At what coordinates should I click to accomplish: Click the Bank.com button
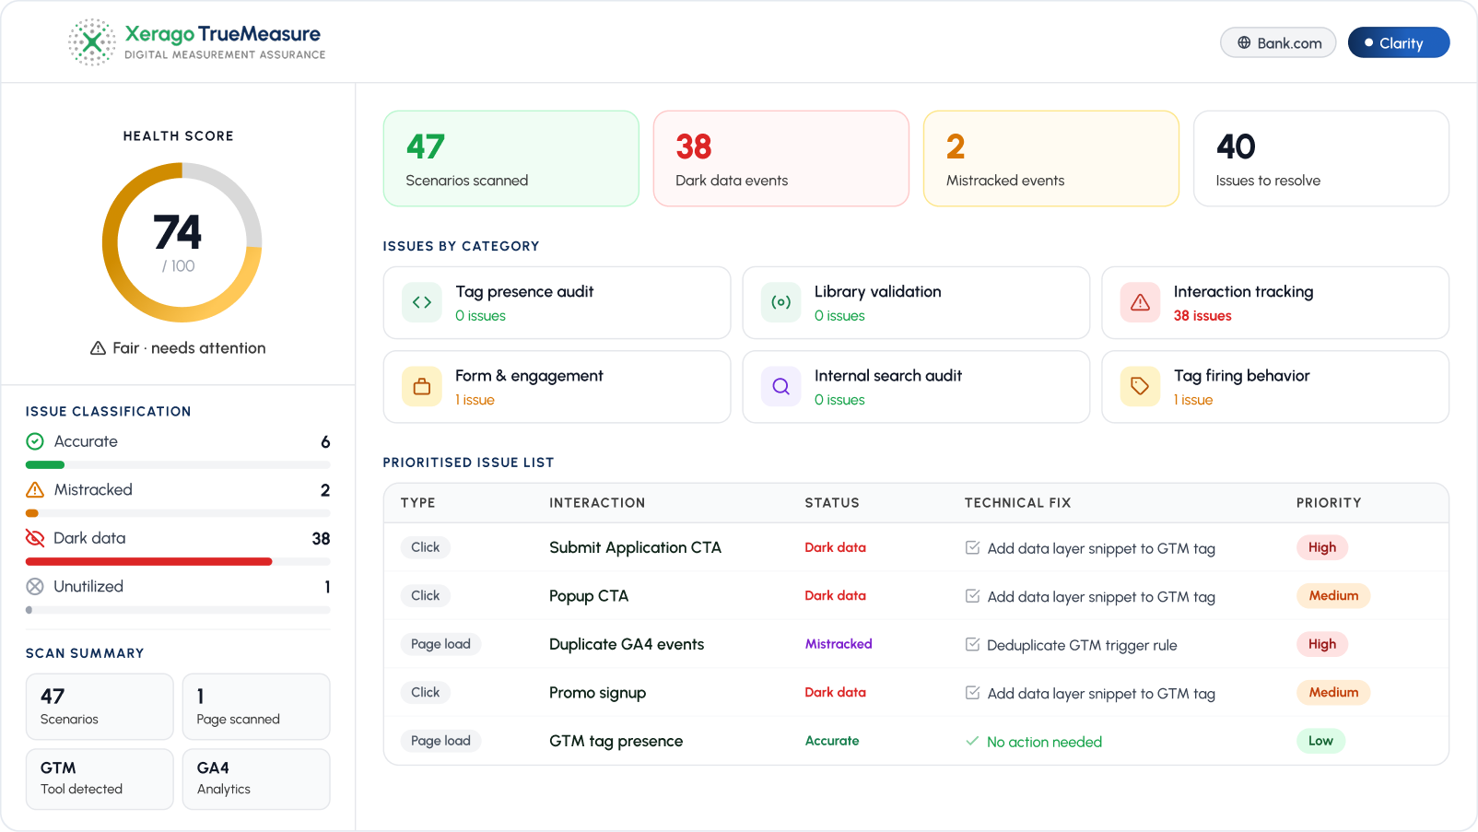pyautogui.click(x=1277, y=43)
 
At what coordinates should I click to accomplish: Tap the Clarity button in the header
pyautogui.click(x=1398, y=43)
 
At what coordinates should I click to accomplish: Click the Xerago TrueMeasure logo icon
pyautogui.click(x=92, y=42)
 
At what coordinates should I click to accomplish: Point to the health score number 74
pyautogui.click(x=178, y=232)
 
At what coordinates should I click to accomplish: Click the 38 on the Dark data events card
pyautogui.click(x=694, y=146)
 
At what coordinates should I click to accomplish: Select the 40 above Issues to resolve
pyautogui.click(x=1235, y=146)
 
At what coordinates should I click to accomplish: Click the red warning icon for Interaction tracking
pyautogui.click(x=1140, y=302)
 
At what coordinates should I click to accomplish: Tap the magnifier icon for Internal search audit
pyautogui.click(x=780, y=386)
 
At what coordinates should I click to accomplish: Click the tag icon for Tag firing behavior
pyautogui.click(x=1140, y=386)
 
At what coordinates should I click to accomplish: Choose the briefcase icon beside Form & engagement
pyautogui.click(x=422, y=386)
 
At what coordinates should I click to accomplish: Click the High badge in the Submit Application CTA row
pyautogui.click(x=1321, y=547)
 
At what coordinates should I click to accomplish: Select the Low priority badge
pyautogui.click(x=1320, y=740)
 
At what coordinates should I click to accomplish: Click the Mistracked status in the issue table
pyautogui.click(x=838, y=644)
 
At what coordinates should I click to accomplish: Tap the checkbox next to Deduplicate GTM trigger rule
pyautogui.click(x=972, y=644)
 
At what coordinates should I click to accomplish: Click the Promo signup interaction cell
pyautogui.click(x=597, y=692)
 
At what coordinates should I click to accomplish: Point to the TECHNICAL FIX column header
pyautogui.click(x=1017, y=503)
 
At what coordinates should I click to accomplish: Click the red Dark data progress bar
pyautogui.click(x=148, y=561)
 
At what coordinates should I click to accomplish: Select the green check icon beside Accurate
pyautogui.click(x=35, y=440)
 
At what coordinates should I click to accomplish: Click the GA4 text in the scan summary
pyautogui.click(x=213, y=768)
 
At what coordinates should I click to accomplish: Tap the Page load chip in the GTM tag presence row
pyautogui.click(x=440, y=740)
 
